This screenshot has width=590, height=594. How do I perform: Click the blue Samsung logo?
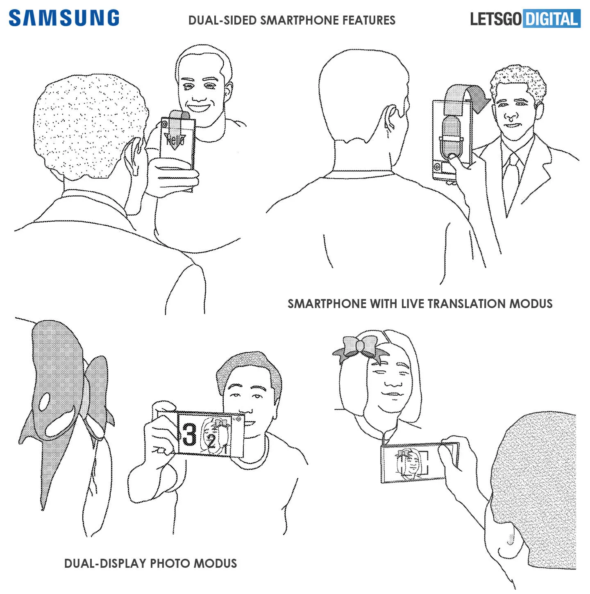(x=64, y=18)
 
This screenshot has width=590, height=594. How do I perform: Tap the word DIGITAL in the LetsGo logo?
(x=551, y=19)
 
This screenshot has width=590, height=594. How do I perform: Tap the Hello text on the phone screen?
(x=175, y=141)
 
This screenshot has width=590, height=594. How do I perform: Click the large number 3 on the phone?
(x=189, y=434)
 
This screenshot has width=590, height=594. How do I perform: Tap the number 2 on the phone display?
(x=211, y=441)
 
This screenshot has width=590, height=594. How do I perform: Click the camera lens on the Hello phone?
(x=164, y=124)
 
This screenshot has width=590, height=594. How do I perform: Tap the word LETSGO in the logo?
(x=496, y=19)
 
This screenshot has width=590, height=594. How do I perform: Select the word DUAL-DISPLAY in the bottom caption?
(x=105, y=563)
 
